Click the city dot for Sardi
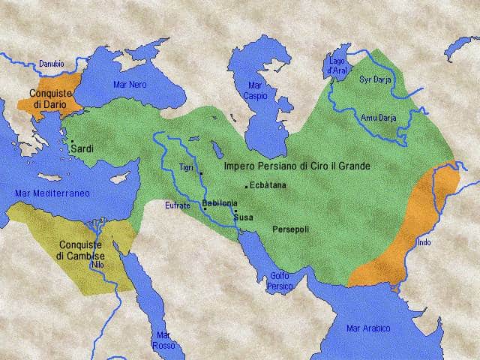[x=72, y=140]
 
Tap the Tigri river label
[x=187, y=166]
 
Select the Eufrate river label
[x=178, y=205]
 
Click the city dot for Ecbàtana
[x=246, y=186]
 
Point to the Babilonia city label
[x=220, y=202]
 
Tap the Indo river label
[x=424, y=242]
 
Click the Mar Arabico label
[x=368, y=328]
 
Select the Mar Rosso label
[x=163, y=340]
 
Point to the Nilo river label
[x=97, y=265]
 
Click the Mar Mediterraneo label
[x=52, y=193]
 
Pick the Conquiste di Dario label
[x=50, y=98]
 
